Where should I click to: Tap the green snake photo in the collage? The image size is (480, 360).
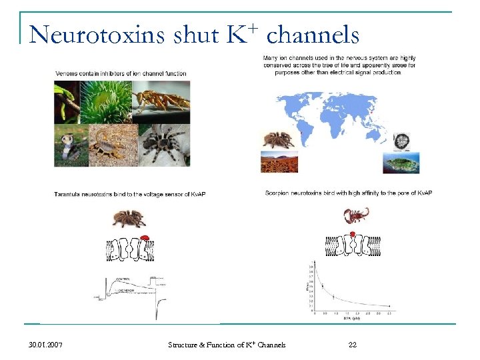pyautogui.click(x=67, y=101)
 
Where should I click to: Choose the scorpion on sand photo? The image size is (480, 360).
pyautogui.click(x=113, y=144)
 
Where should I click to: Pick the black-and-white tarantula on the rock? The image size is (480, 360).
pyautogui.click(x=165, y=143)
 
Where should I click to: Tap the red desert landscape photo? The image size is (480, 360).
pyautogui.click(x=279, y=161)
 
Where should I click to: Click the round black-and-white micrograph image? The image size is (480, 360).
pyautogui.click(x=401, y=141)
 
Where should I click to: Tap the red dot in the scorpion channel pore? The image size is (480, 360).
pyautogui.click(x=353, y=235)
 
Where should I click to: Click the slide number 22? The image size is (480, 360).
pyautogui.click(x=353, y=345)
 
